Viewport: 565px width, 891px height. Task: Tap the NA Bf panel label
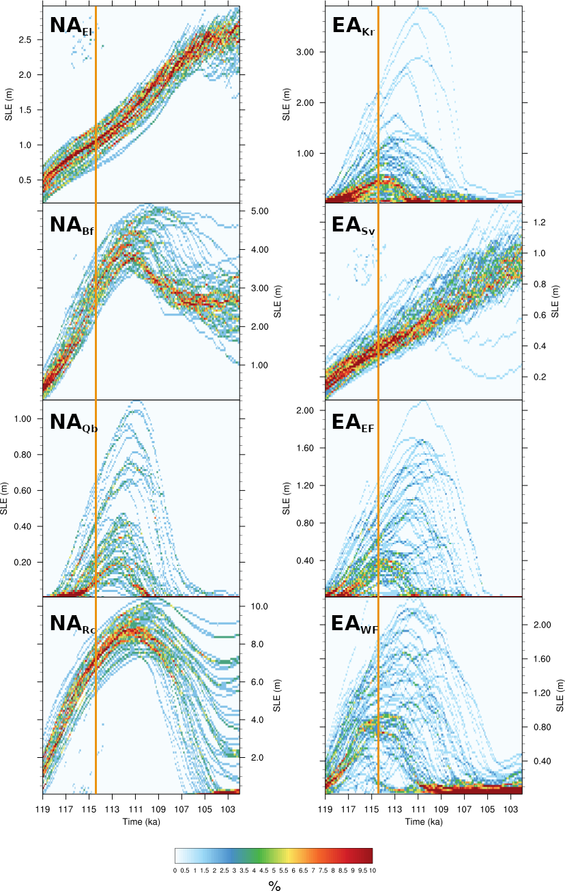click(72, 225)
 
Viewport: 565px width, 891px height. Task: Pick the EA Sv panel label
click(353, 225)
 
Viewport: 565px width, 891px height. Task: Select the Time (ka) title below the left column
click(141, 822)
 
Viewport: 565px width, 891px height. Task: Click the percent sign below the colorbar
click(274, 886)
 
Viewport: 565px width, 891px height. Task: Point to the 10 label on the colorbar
click(373, 870)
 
